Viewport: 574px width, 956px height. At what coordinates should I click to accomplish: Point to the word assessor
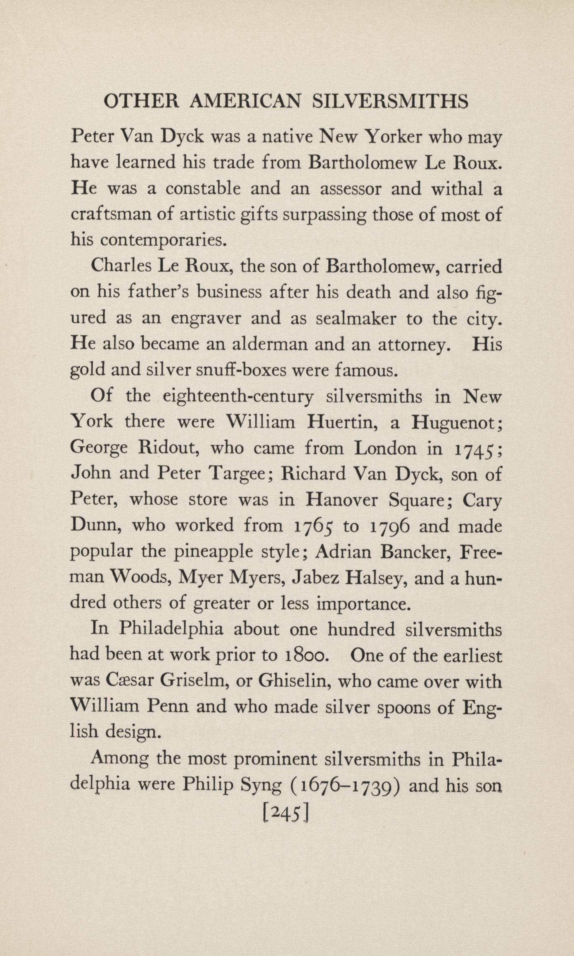(350, 189)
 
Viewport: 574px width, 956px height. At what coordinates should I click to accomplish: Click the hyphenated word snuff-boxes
(241, 370)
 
